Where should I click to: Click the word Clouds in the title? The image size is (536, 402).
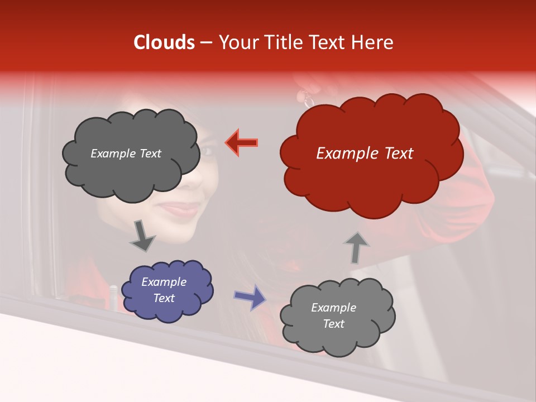[x=164, y=42]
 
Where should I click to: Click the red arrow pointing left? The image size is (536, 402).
[x=242, y=142]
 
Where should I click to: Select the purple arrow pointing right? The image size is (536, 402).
[x=250, y=296]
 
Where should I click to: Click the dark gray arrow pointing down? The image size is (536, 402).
[x=142, y=236]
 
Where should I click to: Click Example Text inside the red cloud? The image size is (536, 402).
[x=365, y=154]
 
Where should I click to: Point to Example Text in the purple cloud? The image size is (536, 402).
[x=164, y=290]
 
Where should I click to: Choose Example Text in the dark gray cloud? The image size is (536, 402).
[x=126, y=154]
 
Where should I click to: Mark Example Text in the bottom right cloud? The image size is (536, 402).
[x=333, y=315]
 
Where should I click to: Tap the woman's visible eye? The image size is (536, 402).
[x=207, y=150]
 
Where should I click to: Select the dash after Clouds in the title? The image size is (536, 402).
[x=206, y=43]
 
